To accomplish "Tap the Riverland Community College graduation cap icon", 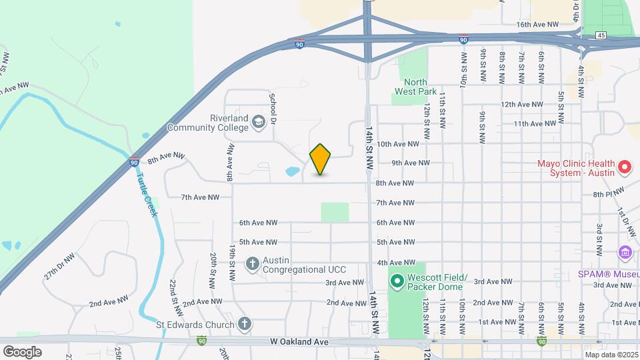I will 259,121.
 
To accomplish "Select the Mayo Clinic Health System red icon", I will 625,167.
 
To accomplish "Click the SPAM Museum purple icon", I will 625,253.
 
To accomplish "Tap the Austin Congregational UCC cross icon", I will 253,264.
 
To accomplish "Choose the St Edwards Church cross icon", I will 245,325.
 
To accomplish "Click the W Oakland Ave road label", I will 299,342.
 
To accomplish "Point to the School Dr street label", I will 272,105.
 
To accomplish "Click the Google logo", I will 22,351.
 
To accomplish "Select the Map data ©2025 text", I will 610,355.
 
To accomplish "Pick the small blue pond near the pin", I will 293,171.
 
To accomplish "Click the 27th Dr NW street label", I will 60,265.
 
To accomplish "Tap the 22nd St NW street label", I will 175,292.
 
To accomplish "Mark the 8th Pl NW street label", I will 608,193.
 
